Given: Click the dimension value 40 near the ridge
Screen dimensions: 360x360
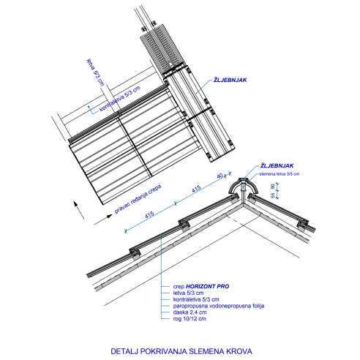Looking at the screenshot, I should pos(220,176).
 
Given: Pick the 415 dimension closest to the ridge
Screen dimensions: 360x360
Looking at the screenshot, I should pos(196,190).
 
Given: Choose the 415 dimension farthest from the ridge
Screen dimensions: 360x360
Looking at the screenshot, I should pos(149,215).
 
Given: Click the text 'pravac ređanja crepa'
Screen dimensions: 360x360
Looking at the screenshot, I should pos(138,199).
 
